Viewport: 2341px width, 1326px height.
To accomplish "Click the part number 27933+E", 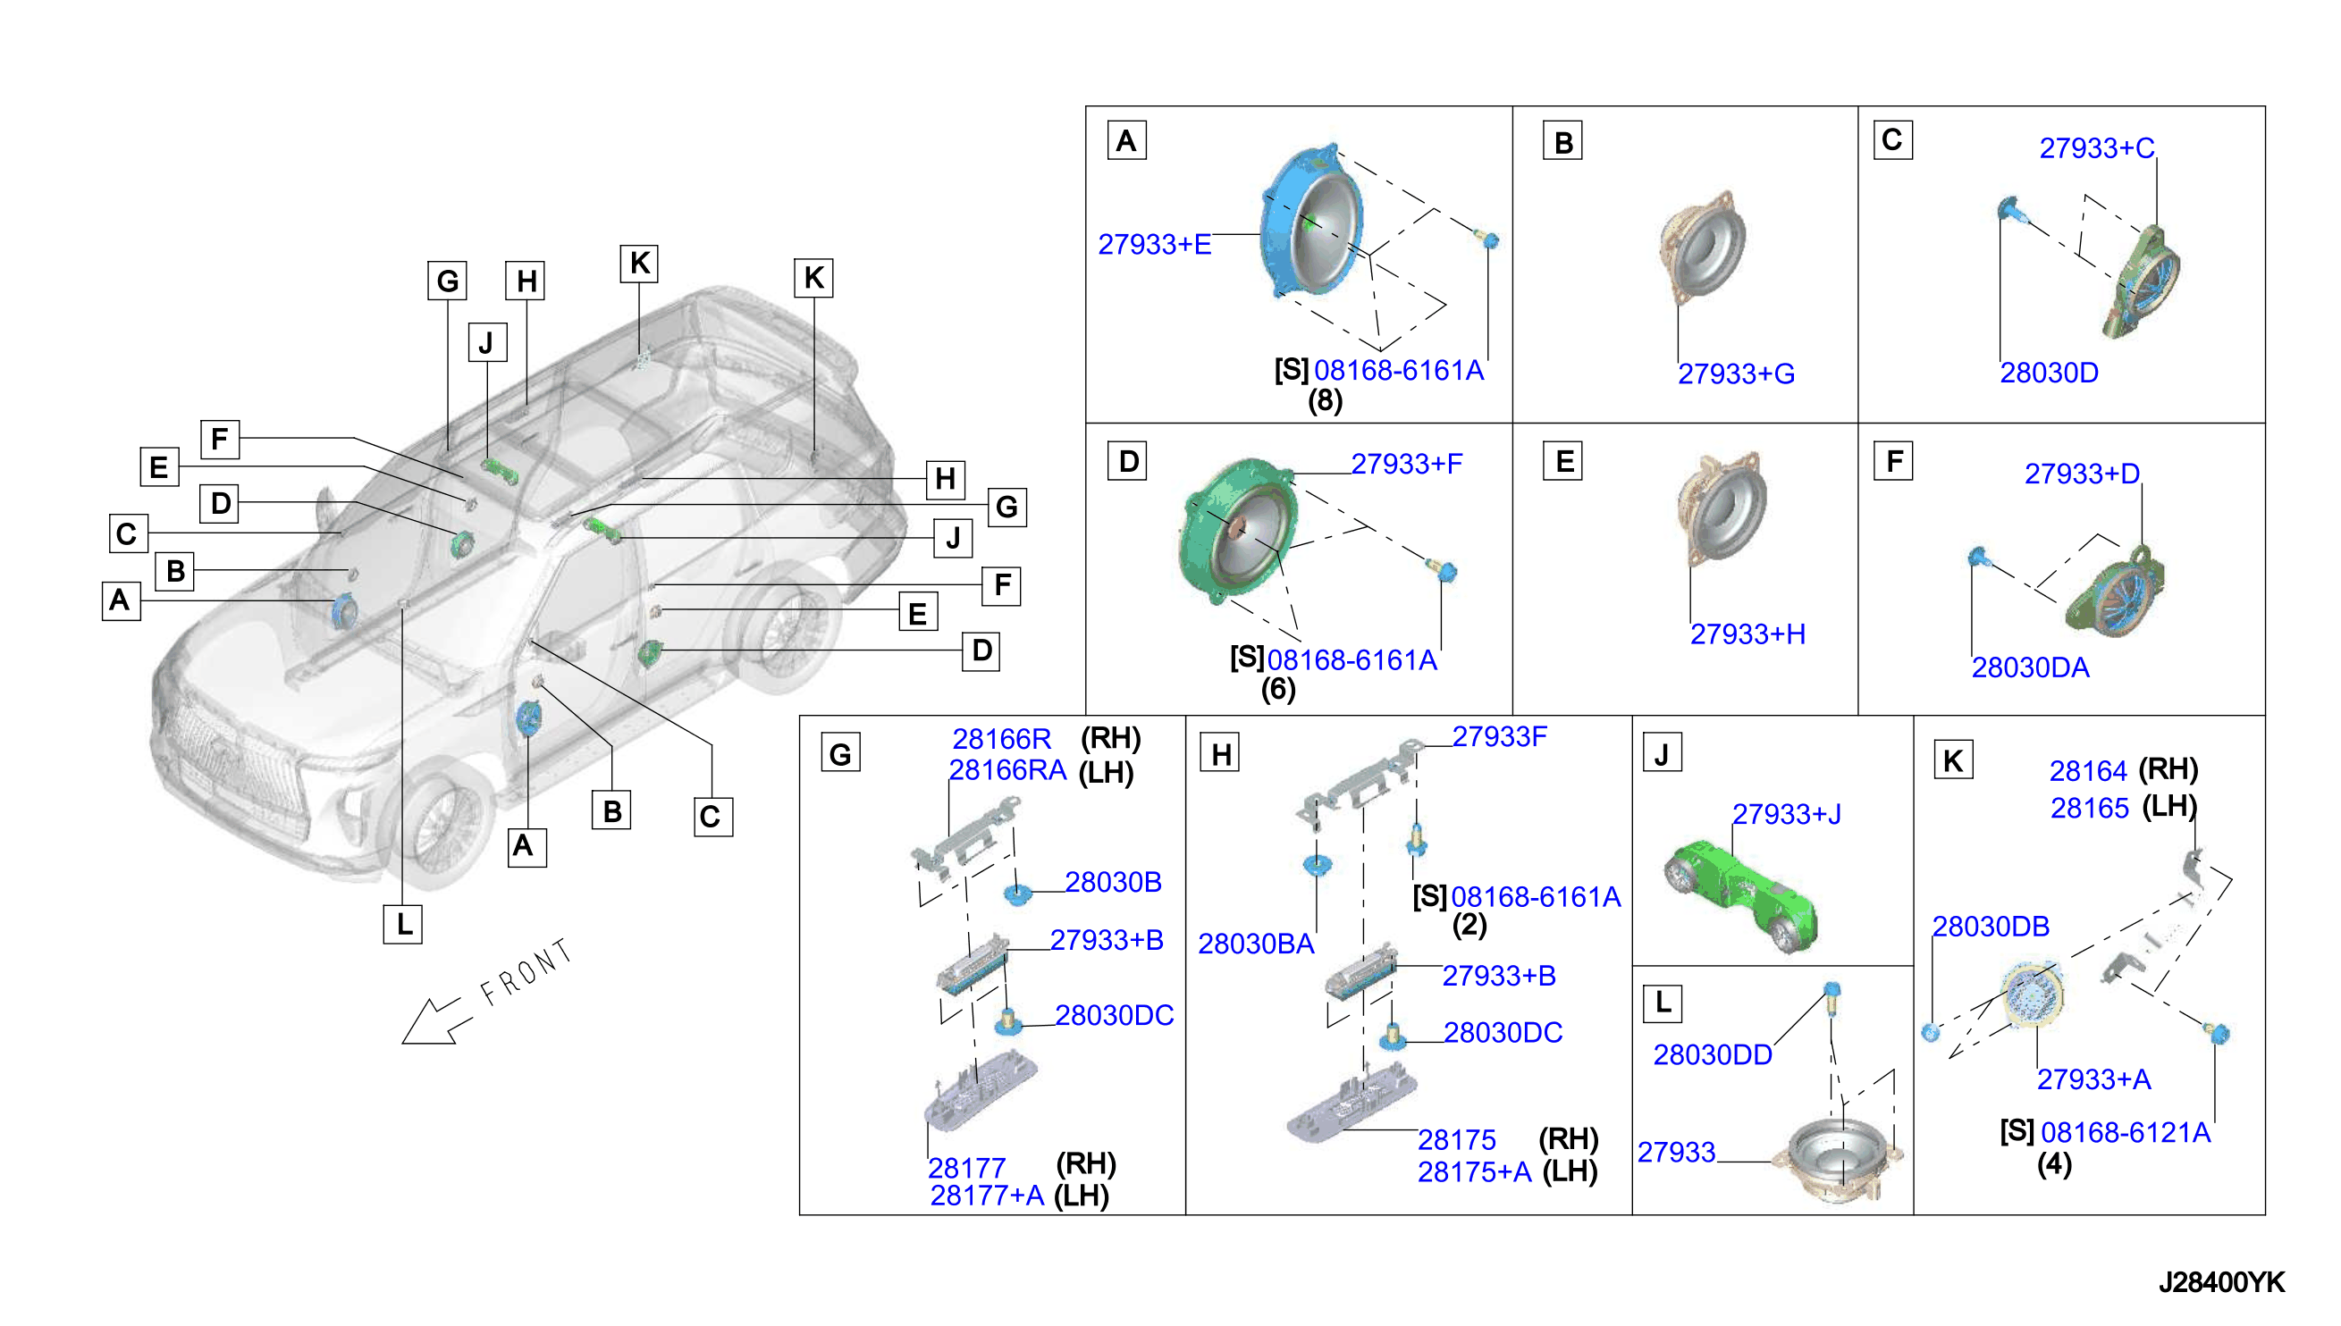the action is click(x=1153, y=244).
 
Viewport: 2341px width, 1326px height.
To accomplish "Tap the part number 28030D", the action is click(x=2048, y=373).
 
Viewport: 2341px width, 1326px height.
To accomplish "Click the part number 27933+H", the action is click(x=1747, y=634).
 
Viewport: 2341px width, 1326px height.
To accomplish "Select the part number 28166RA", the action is click(x=1006, y=770).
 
